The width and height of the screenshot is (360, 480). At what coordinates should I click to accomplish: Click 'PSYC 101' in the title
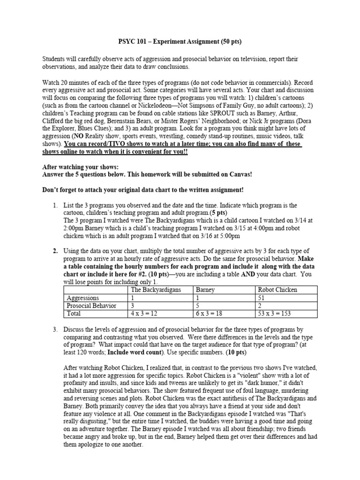coord(132,42)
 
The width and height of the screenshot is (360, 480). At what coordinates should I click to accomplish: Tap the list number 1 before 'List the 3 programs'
coord(55,205)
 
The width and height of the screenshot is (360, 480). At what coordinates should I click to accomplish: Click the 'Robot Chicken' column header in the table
coord(277,290)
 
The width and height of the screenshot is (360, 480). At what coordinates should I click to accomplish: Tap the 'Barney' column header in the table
coord(206,290)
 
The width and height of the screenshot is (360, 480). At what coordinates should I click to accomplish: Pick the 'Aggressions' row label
coord(83,298)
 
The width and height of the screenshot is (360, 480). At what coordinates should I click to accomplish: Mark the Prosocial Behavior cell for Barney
coord(199,305)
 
